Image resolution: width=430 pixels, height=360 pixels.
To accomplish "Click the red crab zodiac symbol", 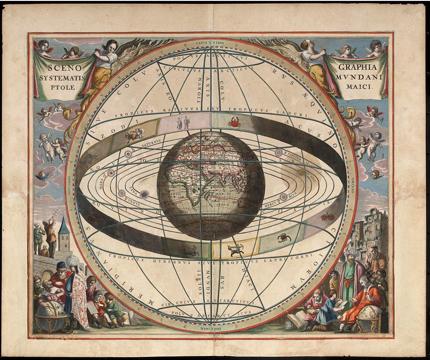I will [233, 121].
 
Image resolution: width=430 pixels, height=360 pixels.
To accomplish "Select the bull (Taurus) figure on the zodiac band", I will [135, 134].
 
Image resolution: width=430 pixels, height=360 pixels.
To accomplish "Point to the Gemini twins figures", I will [182, 122].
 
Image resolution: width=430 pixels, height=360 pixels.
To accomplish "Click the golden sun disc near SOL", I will [301, 172].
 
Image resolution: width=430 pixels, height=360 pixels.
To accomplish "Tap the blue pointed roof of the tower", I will [64, 227].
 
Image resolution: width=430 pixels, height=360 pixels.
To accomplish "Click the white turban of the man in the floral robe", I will [72, 260].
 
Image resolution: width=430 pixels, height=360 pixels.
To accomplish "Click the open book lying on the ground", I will [295, 320].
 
